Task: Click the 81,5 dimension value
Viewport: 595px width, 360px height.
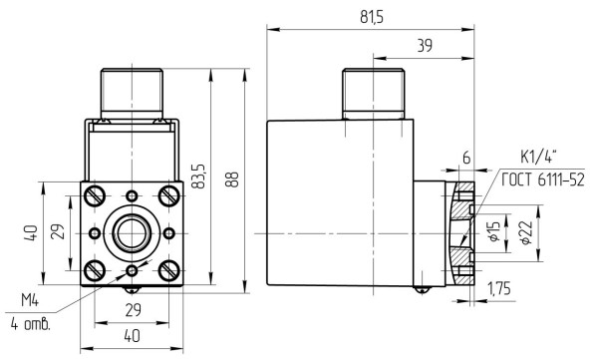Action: [372, 17]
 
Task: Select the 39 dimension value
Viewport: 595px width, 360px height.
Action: [425, 46]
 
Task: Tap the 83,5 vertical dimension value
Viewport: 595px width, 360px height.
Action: [198, 177]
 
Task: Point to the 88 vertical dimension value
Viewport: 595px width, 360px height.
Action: [232, 180]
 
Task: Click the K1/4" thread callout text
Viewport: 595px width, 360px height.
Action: [538, 157]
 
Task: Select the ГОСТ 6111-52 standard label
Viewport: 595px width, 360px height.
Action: [543, 180]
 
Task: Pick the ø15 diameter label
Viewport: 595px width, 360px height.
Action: [494, 232]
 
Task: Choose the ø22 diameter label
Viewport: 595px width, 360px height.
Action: [526, 232]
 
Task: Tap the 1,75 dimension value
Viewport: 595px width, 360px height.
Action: [499, 289]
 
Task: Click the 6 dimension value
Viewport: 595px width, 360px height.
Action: [466, 158]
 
